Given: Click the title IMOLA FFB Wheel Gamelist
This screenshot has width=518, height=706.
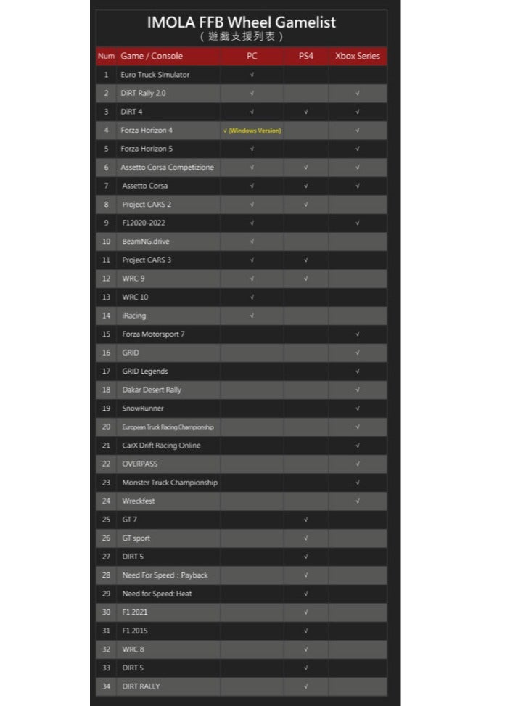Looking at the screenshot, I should pyautogui.click(x=241, y=22).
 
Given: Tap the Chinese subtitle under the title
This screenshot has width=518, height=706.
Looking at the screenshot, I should pyautogui.click(x=241, y=36).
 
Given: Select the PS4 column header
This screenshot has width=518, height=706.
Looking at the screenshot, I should pyautogui.click(x=305, y=56).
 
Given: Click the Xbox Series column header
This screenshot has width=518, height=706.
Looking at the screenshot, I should pyautogui.click(x=357, y=56).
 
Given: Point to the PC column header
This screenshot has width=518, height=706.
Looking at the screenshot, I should pyautogui.click(x=252, y=56).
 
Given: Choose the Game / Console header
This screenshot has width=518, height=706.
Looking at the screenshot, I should pyautogui.click(x=152, y=56).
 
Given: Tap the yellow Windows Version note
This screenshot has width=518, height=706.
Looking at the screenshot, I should pyautogui.click(x=252, y=131).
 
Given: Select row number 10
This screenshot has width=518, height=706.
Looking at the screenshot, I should pyautogui.click(x=106, y=242).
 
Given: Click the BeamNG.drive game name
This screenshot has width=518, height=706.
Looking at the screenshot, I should pyautogui.click(x=145, y=242).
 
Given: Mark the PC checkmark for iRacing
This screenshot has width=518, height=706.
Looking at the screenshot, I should pyautogui.click(x=252, y=316).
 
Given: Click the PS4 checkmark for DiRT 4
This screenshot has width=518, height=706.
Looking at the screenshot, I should pyautogui.click(x=305, y=112).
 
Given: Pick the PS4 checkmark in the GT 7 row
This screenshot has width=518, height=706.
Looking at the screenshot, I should pyautogui.click(x=305, y=520).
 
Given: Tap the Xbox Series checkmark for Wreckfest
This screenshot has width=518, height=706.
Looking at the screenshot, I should pyautogui.click(x=358, y=501).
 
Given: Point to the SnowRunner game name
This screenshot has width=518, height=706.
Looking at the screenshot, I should pyautogui.click(x=144, y=409).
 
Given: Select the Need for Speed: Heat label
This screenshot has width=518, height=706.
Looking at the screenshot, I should pyautogui.click(x=157, y=594).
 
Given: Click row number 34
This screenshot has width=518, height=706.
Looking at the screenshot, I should pyautogui.click(x=106, y=686).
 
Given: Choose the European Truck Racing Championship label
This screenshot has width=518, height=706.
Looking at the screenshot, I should pyautogui.click(x=167, y=427).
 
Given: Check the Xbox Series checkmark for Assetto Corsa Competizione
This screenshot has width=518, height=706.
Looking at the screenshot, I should pyautogui.click(x=358, y=168).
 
